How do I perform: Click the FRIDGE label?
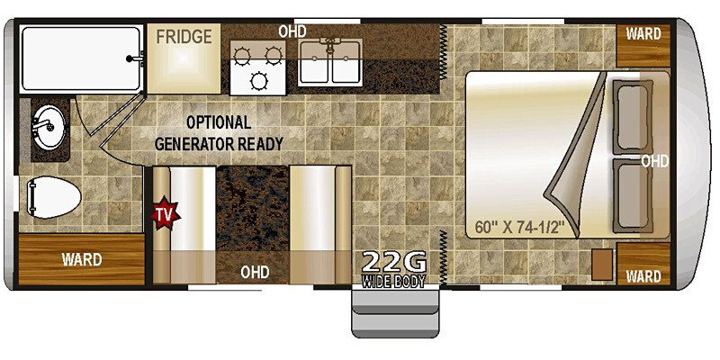click(184, 36)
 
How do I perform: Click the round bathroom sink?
click(49, 127)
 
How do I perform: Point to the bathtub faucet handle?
click(136, 58)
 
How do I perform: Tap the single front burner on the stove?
click(258, 81)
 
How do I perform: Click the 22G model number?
click(394, 262)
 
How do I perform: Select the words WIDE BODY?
click(393, 281)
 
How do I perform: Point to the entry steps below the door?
click(395, 311)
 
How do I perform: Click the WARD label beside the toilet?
click(82, 259)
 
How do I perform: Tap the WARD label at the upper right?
click(643, 34)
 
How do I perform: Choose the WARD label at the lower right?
click(643, 276)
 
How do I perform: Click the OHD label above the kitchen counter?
click(292, 31)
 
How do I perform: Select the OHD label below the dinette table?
click(255, 273)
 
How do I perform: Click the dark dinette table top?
click(253, 209)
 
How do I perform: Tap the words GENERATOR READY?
click(219, 144)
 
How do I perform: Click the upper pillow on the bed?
click(633, 117)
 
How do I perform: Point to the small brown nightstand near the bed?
click(602, 264)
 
